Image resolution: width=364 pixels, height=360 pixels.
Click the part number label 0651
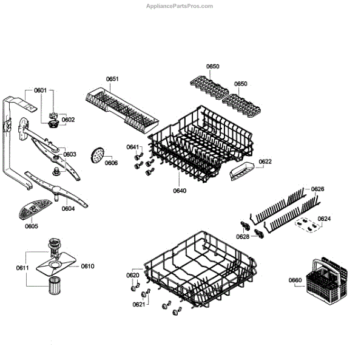(112, 79)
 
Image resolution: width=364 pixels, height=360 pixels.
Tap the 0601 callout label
(40, 90)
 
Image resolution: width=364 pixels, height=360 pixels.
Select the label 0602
(68, 120)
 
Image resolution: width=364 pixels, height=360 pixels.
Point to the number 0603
(70, 154)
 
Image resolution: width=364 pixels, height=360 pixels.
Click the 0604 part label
(68, 208)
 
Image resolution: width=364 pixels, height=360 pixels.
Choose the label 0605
(32, 226)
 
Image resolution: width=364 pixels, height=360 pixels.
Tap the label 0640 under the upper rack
(180, 191)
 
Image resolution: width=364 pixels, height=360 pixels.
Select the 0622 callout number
(265, 161)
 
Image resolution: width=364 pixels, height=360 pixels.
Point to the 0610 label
(88, 266)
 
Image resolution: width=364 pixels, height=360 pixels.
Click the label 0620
(133, 276)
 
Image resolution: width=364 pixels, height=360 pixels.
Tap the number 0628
(243, 236)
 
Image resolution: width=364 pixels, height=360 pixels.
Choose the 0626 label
(318, 189)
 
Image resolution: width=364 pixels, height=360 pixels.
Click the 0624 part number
(324, 218)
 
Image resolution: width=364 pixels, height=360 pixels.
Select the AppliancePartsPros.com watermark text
(180, 6)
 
